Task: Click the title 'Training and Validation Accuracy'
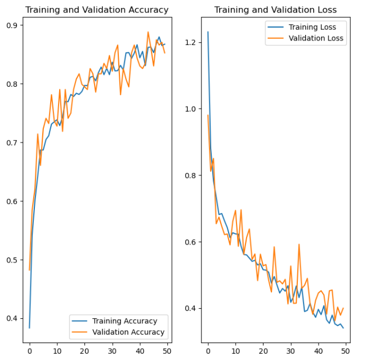click(x=97, y=10)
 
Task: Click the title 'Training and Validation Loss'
click(x=275, y=10)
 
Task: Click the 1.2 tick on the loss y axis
click(x=193, y=42)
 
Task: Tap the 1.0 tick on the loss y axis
click(x=193, y=109)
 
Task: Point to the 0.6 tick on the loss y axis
click(x=193, y=242)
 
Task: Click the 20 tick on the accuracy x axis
click(x=84, y=350)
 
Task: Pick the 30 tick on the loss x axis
click(x=291, y=350)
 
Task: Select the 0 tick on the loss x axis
click(x=208, y=350)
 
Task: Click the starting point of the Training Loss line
click(x=208, y=32)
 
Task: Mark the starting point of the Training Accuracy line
click(x=29, y=328)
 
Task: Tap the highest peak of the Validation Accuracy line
click(x=148, y=32)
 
